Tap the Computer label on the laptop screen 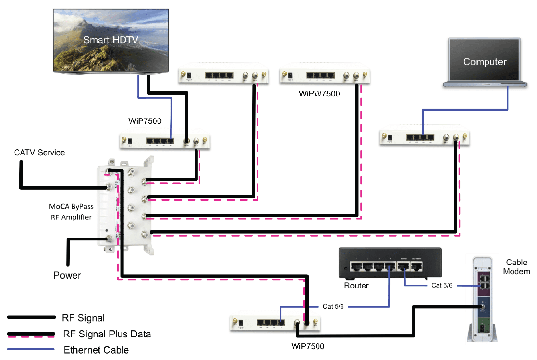click(x=485, y=62)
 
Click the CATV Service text click(x=39, y=153)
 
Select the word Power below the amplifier click(x=67, y=275)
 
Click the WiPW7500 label click(x=318, y=93)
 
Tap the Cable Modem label click(x=517, y=267)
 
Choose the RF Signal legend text click(x=84, y=318)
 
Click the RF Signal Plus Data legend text click(x=107, y=335)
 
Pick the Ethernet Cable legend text click(x=96, y=350)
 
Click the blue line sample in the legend click(x=30, y=350)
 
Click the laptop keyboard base click(x=485, y=84)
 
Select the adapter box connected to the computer click(x=424, y=139)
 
